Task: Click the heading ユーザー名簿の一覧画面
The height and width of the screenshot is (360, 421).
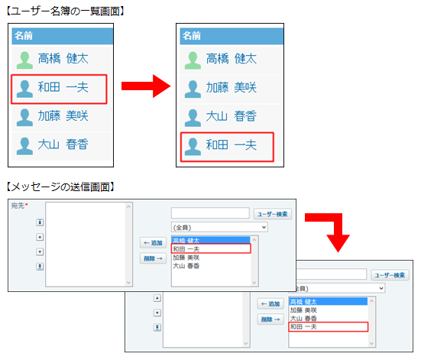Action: (x=66, y=11)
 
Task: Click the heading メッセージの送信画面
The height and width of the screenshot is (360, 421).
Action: (x=60, y=186)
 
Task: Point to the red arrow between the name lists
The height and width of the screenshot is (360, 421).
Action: (x=146, y=86)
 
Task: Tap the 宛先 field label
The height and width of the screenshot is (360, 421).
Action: (x=18, y=206)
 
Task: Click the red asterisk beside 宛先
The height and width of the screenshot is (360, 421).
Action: (x=26, y=205)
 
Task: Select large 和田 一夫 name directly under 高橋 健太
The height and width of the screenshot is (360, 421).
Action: (x=63, y=87)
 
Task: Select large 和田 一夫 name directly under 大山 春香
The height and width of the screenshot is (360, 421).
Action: (x=232, y=144)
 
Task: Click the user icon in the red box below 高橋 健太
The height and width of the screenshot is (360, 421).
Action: (x=24, y=89)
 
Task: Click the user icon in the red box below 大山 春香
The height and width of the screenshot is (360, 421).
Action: (x=193, y=147)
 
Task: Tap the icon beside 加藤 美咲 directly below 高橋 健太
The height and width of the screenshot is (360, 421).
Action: (x=193, y=89)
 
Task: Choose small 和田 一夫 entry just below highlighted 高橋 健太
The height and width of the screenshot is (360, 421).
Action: (x=186, y=249)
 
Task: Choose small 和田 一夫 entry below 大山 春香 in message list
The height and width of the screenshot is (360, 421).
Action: (x=303, y=326)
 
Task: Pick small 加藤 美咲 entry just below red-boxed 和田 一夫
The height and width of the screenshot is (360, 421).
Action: (x=186, y=258)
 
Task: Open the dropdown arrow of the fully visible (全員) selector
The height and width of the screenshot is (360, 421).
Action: (x=264, y=227)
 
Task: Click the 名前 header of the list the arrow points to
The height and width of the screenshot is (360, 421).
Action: (x=192, y=36)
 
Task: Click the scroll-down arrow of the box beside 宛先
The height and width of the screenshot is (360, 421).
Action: (x=128, y=282)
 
